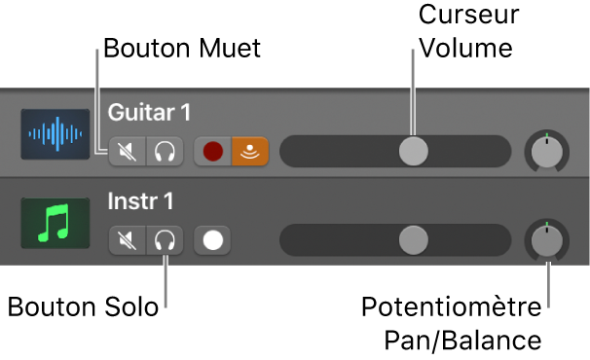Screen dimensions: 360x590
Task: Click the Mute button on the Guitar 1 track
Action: click(128, 151)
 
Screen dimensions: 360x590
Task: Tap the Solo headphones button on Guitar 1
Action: click(165, 151)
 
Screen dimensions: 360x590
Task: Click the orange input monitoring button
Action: click(249, 151)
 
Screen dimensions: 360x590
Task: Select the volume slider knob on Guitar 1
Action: click(414, 150)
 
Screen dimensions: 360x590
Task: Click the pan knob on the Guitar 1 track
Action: click(547, 151)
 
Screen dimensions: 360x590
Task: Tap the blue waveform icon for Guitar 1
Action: click(55, 135)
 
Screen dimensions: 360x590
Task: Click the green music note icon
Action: click(55, 224)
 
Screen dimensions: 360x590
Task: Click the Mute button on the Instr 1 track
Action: click(128, 239)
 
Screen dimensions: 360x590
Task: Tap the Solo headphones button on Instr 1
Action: click(165, 239)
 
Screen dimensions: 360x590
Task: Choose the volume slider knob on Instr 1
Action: click(414, 239)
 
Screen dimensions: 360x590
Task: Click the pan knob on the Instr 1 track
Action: click(547, 239)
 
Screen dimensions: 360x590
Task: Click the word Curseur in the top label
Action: click(468, 17)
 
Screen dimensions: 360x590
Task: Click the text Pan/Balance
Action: click(462, 342)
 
